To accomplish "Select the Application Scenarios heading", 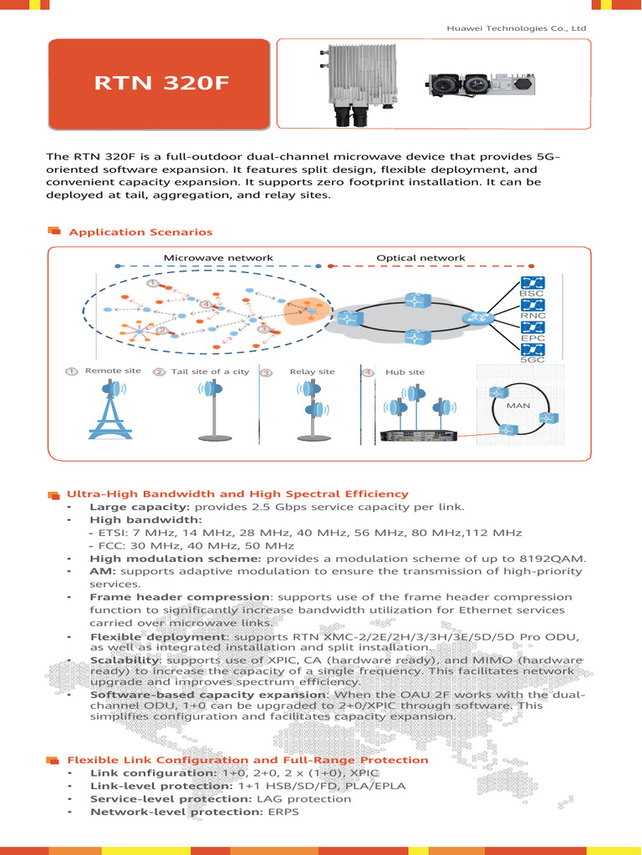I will [x=140, y=232].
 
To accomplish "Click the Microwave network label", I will [x=218, y=258].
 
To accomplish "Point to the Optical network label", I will [x=420, y=258].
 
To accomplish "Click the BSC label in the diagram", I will [x=532, y=294].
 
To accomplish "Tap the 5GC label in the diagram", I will [x=532, y=360].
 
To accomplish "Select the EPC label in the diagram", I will [x=532, y=338].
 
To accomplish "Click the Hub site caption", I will [x=405, y=372].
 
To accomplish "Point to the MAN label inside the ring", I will [x=518, y=405].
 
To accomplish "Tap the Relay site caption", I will [x=312, y=372].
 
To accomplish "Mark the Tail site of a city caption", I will [x=210, y=372].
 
